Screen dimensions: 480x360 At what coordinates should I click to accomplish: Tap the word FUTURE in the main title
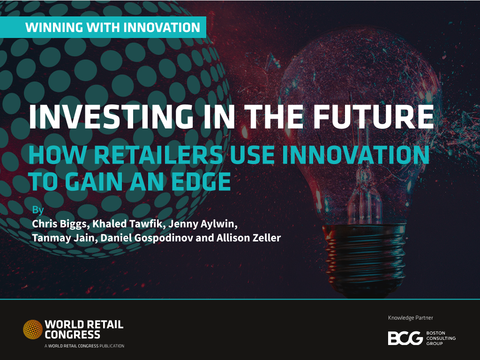(374, 117)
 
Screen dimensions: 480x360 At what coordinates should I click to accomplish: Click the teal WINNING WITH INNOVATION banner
(103, 27)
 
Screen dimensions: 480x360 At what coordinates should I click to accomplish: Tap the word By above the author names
(38, 210)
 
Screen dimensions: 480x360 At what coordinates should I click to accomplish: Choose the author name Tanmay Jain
(63, 238)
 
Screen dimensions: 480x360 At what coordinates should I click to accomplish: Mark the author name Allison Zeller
(248, 238)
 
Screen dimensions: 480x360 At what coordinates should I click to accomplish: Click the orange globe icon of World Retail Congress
(33, 330)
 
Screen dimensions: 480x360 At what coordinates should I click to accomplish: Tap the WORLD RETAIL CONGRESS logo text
(84, 330)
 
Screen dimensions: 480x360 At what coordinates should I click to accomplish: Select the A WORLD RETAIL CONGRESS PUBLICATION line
(84, 346)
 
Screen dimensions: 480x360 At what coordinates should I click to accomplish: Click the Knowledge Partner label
(411, 318)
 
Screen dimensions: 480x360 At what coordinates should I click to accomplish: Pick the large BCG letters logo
(405, 338)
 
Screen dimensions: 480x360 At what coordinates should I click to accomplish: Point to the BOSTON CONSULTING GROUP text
(441, 338)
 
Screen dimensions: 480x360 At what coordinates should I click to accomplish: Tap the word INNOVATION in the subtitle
(356, 155)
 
